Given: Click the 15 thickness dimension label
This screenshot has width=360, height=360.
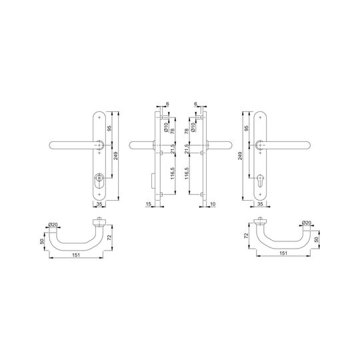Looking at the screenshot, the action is [x=149, y=204].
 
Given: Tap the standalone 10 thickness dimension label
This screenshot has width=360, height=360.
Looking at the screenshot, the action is [x=213, y=204].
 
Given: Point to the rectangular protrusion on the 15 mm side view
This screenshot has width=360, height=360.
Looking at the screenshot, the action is [x=153, y=181].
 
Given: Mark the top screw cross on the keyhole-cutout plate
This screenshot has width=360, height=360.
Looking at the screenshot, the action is [x=260, y=117].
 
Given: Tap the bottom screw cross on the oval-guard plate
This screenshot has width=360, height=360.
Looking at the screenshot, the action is [x=99, y=195].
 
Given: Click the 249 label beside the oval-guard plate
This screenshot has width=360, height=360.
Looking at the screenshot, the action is [x=116, y=156].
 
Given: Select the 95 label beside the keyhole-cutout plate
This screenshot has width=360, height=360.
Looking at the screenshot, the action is [x=247, y=128].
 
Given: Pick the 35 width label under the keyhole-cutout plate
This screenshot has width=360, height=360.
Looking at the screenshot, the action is [x=260, y=204].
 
